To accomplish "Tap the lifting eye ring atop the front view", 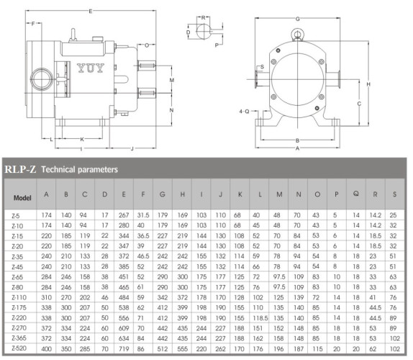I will (x=296, y=34).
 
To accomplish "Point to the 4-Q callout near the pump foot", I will (x=243, y=112).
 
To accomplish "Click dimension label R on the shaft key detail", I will (x=204, y=17).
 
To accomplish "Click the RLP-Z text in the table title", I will (x=20, y=170).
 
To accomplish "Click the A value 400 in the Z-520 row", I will (x=47, y=348).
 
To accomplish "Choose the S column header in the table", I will (x=394, y=194).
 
